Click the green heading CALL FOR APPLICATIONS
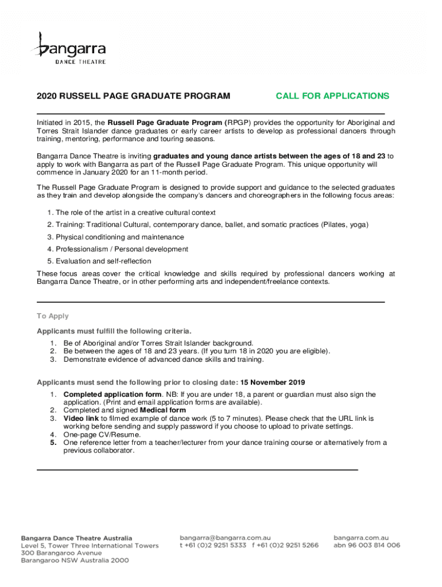332,96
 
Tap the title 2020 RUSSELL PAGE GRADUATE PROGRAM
134,96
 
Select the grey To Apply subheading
53,316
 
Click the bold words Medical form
163,410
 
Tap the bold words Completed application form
113,394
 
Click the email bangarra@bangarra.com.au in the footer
225,538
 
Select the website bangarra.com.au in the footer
361,538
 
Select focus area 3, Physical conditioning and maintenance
119,237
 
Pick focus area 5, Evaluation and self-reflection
103,261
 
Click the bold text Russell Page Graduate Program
166,123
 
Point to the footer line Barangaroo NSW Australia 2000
75,561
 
